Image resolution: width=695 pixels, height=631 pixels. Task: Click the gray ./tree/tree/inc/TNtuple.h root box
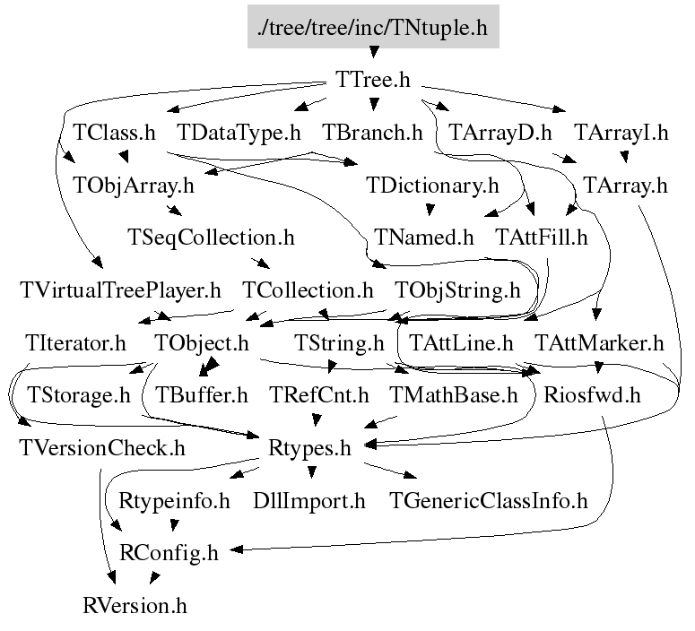[x=372, y=28]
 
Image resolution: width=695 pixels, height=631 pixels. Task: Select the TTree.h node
[x=372, y=81]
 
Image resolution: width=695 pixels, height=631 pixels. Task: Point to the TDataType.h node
[x=239, y=134]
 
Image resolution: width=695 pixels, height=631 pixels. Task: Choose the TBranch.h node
[x=371, y=134]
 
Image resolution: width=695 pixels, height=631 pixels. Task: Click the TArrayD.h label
[x=500, y=134]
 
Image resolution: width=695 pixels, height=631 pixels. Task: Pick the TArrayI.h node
[x=621, y=134]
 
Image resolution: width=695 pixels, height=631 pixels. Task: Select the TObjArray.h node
[x=133, y=186]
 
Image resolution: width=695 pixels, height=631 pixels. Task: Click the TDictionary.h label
[x=432, y=186]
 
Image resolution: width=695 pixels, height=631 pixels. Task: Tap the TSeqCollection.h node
[x=212, y=238]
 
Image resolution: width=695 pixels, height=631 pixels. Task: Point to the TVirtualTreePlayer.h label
[x=119, y=291]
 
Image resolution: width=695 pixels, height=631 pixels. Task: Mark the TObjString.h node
[x=457, y=291]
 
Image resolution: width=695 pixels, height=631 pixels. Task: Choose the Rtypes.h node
[x=309, y=448]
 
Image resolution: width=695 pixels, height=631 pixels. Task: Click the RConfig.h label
[x=169, y=553]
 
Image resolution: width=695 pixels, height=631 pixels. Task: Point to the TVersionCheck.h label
[x=101, y=448]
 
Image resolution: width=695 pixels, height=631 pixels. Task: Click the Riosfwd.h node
[x=592, y=395]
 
